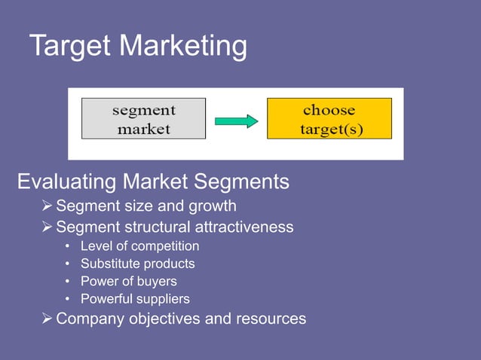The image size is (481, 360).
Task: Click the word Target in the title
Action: [x=71, y=47]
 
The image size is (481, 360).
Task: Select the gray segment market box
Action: [x=143, y=119]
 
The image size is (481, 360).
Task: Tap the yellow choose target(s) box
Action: [x=329, y=119]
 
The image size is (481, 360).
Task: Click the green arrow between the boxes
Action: [x=236, y=121]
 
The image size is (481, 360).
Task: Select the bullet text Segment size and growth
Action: [x=146, y=206]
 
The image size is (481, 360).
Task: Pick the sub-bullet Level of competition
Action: [x=140, y=246]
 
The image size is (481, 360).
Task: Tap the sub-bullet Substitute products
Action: [x=137, y=264]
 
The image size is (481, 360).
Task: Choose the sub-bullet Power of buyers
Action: [x=128, y=282]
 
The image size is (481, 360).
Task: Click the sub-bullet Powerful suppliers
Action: [x=135, y=299]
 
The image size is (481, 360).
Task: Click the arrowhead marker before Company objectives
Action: [x=47, y=319]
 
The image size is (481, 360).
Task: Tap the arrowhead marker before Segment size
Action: [x=47, y=206]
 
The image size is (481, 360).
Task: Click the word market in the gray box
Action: [x=143, y=129]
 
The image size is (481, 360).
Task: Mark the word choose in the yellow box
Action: [x=329, y=110]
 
